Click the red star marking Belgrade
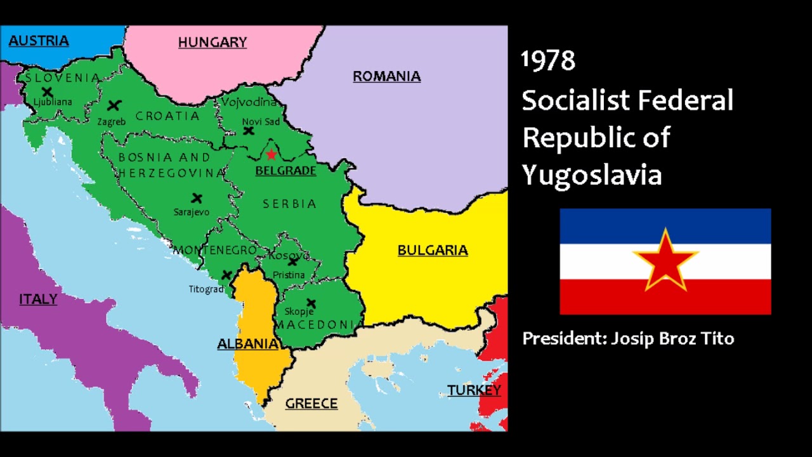coord(272,154)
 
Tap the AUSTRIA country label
coord(39,41)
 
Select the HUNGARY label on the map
coord(212,43)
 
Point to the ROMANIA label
coord(386,76)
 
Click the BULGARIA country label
coord(433,250)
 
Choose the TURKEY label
coord(474,390)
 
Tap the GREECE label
coord(311,403)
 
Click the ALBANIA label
coord(247,343)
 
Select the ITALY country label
coord(38,299)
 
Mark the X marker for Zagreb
coord(114,105)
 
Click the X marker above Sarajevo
coord(197,199)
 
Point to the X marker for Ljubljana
coord(47,91)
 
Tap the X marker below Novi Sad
coord(249,131)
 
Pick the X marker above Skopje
coord(311,303)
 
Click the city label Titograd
coord(206,289)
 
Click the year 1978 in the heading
coord(548,61)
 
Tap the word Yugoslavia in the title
coord(591,175)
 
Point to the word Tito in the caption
coord(717,338)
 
